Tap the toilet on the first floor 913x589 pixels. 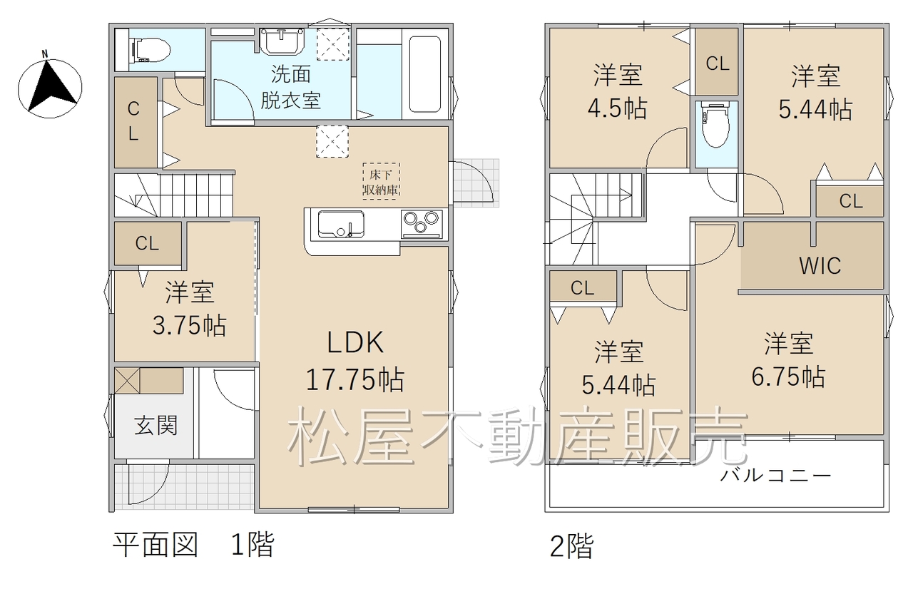[150, 50]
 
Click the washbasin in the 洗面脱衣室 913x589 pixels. [282, 41]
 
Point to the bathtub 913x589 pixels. [424, 74]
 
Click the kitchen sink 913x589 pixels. [341, 224]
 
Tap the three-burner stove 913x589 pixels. [422, 224]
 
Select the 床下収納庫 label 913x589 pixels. [381, 182]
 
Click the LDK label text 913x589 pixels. [355, 342]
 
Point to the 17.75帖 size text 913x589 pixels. [355, 379]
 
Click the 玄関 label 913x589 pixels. [155, 426]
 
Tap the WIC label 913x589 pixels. [820, 265]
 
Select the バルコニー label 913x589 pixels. [775, 475]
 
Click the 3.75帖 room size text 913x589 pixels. [189, 325]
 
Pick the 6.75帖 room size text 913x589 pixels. [788, 377]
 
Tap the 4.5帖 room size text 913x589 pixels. [617, 108]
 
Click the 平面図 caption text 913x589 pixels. [155, 545]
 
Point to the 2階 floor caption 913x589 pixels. [572, 546]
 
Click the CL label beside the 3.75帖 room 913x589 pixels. [147, 244]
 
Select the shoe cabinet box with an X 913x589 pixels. [127, 381]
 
